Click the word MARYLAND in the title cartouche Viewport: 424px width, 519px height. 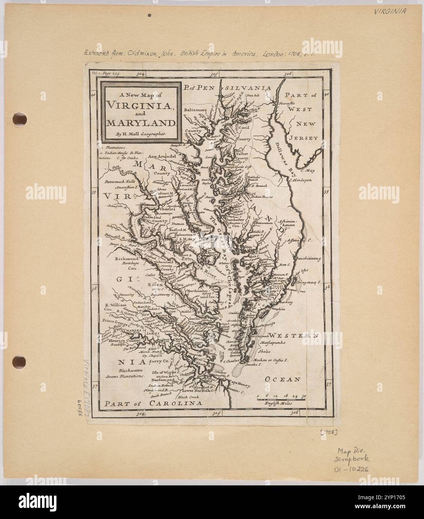click(x=141, y=123)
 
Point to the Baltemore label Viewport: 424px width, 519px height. click(x=196, y=111)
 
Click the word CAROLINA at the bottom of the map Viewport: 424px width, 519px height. click(x=176, y=403)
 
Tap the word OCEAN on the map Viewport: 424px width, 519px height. click(x=283, y=379)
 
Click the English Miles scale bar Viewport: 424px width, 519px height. click(x=282, y=400)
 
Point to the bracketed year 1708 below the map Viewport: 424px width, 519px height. click(x=329, y=432)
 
